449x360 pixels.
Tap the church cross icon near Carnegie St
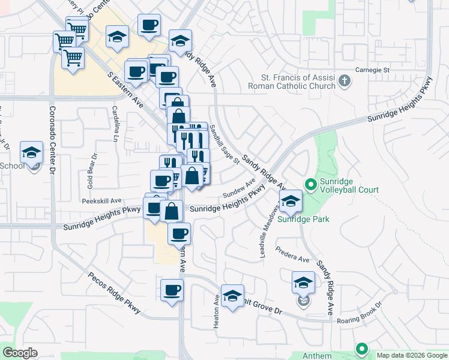345,80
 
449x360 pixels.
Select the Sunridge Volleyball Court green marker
310,184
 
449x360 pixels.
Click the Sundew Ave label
239,189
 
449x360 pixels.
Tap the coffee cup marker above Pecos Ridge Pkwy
172,290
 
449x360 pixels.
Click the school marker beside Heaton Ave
232,296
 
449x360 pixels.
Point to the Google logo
20,353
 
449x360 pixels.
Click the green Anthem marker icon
361,349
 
